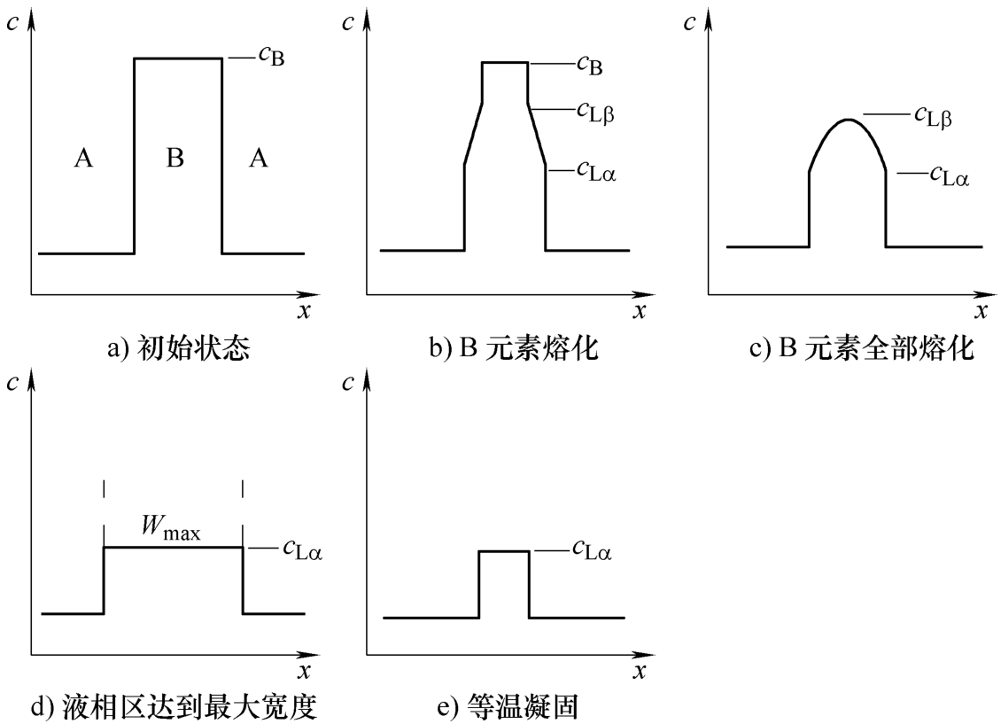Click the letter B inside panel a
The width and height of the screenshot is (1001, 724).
coord(175,157)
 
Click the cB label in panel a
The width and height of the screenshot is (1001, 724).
coord(271,56)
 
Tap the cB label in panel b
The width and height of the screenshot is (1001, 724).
coord(589,65)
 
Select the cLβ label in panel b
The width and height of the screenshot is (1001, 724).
coord(595,113)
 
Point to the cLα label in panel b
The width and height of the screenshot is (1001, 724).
coord(596,170)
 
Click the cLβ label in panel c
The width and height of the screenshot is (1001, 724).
coord(933,117)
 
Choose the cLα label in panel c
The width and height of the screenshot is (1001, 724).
coord(949,175)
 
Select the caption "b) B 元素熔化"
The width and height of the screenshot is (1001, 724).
coord(513,348)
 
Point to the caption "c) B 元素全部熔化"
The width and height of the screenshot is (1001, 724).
coord(862,348)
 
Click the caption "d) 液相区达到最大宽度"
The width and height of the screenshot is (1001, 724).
coord(174,707)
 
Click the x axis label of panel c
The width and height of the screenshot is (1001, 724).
coord(982,312)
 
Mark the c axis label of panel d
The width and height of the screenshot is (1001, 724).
coord(12,383)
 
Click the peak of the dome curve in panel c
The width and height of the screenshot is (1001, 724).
coord(848,120)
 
